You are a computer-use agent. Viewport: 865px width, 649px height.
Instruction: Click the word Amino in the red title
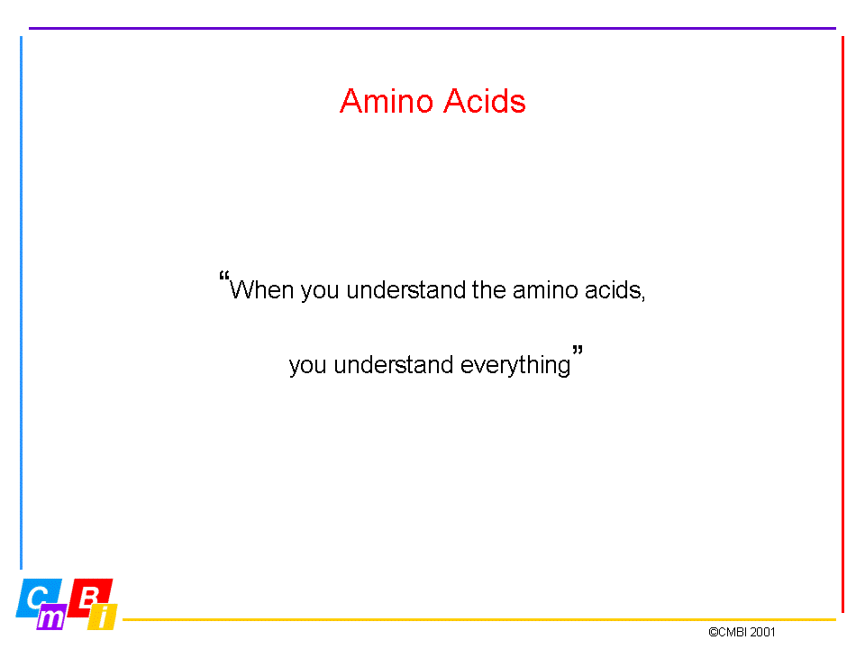point(387,101)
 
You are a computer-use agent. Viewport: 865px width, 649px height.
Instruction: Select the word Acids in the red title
point(485,101)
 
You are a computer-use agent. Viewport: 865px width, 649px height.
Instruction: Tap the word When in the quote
point(261,289)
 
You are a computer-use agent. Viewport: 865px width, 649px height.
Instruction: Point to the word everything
point(515,365)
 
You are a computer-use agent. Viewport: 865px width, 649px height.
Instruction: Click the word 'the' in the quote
point(488,289)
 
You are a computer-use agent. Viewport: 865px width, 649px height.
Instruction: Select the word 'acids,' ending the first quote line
point(615,290)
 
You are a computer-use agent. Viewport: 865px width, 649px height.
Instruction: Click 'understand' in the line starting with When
point(406,289)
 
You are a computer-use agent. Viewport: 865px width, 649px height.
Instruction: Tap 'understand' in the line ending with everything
point(394,365)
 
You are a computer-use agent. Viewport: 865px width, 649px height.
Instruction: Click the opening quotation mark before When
point(224,275)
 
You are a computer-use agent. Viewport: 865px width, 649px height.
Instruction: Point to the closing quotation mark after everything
point(578,350)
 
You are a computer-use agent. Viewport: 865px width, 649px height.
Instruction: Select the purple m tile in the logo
point(51,617)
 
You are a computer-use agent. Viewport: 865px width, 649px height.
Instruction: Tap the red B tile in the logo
point(89,596)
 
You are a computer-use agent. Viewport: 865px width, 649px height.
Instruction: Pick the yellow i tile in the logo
point(103,617)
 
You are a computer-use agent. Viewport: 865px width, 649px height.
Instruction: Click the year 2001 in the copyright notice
point(762,632)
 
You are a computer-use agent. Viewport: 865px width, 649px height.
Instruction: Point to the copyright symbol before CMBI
point(714,632)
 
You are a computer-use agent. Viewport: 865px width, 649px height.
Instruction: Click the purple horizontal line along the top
point(432,28)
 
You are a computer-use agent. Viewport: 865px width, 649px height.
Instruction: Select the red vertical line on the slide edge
point(843,324)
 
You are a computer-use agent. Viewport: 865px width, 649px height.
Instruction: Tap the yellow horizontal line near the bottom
point(479,620)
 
